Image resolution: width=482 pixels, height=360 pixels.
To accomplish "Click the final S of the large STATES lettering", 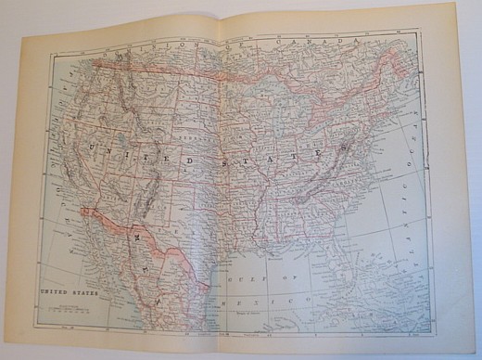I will (345, 147).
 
